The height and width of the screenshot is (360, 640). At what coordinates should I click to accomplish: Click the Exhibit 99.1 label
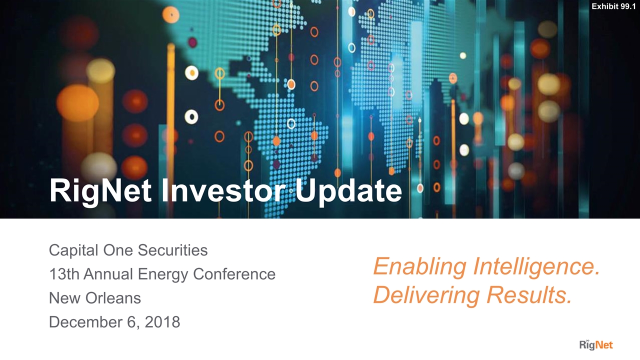[x=613, y=6]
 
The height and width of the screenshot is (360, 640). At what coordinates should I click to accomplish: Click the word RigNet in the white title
[x=100, y=191]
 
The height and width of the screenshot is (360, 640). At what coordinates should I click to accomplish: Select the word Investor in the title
[x=223, y=190]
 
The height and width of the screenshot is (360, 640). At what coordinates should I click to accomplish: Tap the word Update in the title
[x=348, y=191]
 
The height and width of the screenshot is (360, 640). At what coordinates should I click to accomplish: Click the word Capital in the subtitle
[x=73, y=250]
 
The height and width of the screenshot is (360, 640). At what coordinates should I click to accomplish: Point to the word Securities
[x=172, y=250]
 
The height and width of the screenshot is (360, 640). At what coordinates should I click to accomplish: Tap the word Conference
[x=234, y=274]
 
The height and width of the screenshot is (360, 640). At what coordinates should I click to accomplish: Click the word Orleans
[x=113, y=298]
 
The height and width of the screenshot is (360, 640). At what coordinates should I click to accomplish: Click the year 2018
[x=162, y=322]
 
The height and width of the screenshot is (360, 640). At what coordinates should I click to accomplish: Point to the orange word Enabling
[x=420, y=267]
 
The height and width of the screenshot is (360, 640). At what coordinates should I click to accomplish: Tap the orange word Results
[x=529, y=295]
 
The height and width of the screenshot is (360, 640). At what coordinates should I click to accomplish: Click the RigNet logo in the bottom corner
[x=596, y=344]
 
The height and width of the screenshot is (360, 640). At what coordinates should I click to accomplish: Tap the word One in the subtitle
[x=118, y=250]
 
